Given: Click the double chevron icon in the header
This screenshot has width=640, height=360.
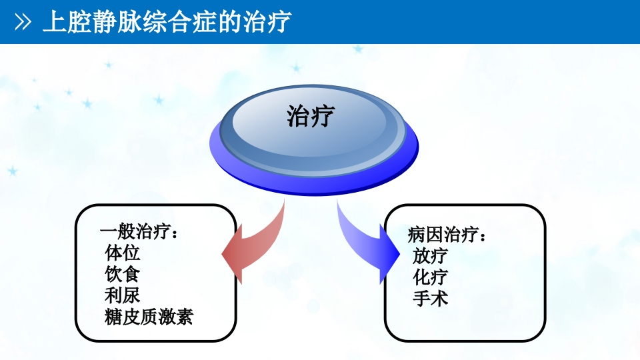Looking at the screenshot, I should click(23, 23).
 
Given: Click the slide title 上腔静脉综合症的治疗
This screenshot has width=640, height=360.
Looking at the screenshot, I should click(167, 22).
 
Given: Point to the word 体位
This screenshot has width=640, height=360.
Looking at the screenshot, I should click(123, 254).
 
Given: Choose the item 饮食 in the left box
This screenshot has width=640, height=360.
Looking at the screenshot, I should click(123, 275).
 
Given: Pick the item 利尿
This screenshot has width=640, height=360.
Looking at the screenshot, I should click(123, 295).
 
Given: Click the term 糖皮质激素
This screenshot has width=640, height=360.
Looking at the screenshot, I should click(149, 317).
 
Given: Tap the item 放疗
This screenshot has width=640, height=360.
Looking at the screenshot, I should click(430, 256).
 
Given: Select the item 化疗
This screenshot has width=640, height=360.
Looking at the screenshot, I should click(430, 277).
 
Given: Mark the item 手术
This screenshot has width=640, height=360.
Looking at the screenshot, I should click(430, 298).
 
